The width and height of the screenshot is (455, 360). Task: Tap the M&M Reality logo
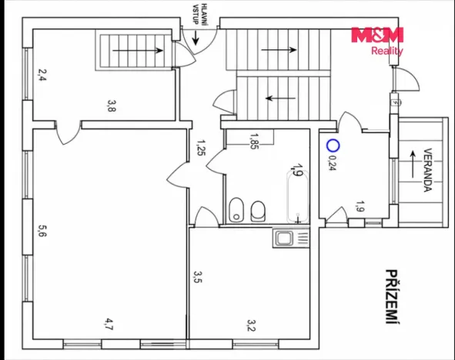[x=377, y=41]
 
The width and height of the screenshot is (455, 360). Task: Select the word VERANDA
[x=428, y=170]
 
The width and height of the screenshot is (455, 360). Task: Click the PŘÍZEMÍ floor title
[x=392, y=297]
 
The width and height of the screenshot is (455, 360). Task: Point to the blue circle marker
[x=333, y=145]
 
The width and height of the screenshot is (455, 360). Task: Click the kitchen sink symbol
[x=291, y=238]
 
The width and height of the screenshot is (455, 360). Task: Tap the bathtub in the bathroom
[x=298, y=197]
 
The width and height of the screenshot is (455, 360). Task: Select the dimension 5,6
[x=42, y=231]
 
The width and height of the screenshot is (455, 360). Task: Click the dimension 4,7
[x=109, y=324]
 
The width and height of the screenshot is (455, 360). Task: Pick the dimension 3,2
[x=251, y=325]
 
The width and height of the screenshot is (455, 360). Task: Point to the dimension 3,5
[x=198, y=277]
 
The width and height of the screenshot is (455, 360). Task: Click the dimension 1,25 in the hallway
[x=201, y=148]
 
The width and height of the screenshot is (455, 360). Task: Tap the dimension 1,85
[x=253, y=141]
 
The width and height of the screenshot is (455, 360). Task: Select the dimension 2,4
[x=42, y=75]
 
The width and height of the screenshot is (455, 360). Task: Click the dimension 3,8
[x=112, y=105]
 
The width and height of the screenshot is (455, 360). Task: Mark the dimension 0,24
[x=331, y=164]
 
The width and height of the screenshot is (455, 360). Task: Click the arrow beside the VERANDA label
[x=413, y=165]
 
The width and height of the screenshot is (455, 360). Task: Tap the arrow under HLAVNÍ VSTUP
[x=196, y=38]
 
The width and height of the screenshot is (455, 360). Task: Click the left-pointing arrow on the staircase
[x=280, y=98]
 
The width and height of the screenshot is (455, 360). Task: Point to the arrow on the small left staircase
[x=138, y=51]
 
